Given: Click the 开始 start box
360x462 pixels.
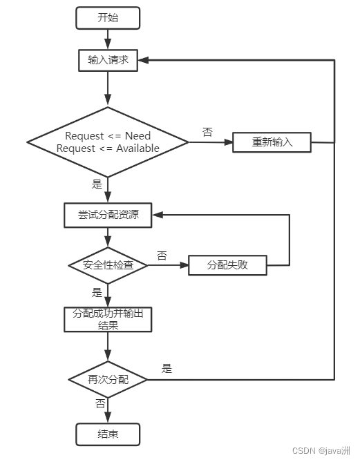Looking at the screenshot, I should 108,18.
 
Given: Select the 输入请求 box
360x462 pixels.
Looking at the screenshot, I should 108,60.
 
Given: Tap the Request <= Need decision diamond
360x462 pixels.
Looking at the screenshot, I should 108,142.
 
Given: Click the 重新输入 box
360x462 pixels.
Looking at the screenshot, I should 272,142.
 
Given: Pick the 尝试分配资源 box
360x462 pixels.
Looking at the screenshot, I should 108,215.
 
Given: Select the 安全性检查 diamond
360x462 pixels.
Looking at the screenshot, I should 108,265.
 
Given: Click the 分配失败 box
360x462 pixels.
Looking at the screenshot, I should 227,265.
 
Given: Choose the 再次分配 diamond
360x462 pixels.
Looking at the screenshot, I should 108,380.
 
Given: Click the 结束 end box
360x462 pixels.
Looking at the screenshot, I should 108,434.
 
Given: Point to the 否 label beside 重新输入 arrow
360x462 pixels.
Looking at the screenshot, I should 207,131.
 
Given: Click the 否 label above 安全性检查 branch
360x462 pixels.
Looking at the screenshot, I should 162,256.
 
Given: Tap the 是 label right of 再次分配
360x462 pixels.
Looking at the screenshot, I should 167,369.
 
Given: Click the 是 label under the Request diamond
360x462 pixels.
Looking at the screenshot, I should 97,184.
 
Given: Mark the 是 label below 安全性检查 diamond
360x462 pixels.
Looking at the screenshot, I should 97,293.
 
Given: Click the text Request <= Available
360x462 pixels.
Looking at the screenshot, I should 108,148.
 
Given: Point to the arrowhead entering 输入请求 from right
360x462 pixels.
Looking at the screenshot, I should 144,61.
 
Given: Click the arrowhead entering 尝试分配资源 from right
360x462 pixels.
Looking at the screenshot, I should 158,215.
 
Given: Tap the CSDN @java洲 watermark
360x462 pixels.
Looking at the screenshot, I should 322,450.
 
